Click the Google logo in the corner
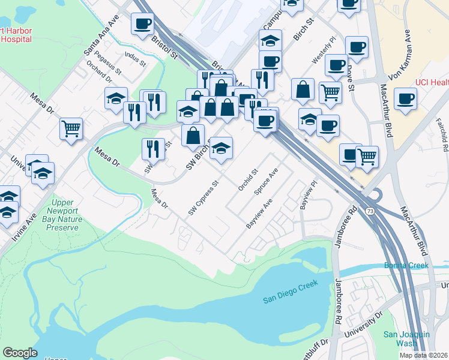[20, 353]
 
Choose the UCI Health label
[432, 83]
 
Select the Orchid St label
[247, 179]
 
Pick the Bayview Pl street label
[307, 196]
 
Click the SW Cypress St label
[202, 197]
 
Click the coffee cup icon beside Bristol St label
[143, 25]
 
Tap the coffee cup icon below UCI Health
[405, 98]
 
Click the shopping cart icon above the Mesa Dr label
[71, 128]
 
